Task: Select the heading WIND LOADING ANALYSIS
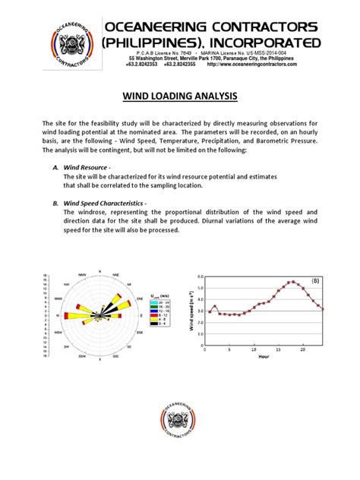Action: [179, 97]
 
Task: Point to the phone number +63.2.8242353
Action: [147, 65]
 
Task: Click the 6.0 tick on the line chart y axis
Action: [200, 277]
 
